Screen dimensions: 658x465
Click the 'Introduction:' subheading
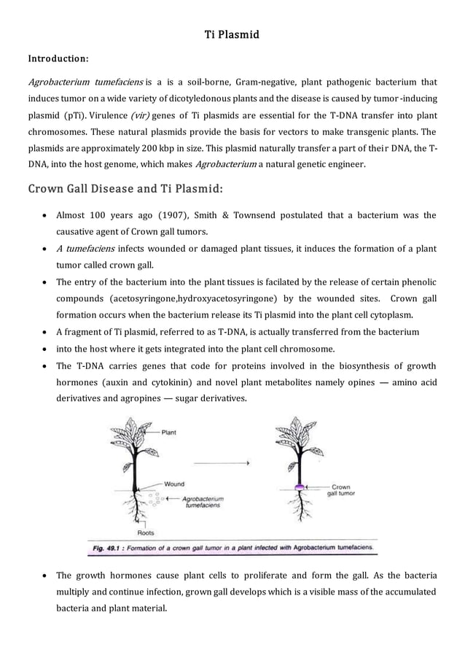(x=58, y=57)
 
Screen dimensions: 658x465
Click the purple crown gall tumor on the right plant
(x=298, y=486)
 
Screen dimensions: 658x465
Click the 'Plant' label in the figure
(x=169, y=433)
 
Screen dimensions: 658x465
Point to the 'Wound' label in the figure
(x=173, y=484)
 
